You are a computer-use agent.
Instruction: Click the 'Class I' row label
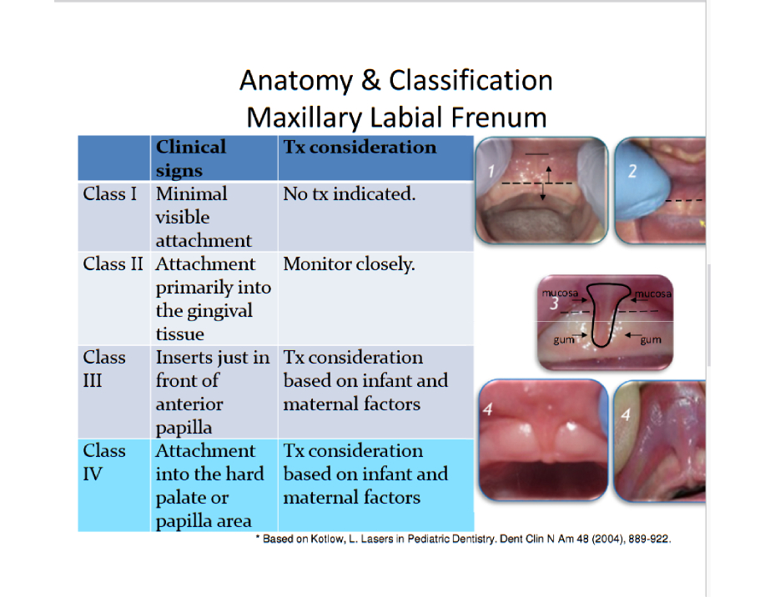(x=110, y=194)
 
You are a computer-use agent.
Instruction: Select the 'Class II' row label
(x=113, y=263)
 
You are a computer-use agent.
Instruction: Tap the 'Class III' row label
(x=104, y=369)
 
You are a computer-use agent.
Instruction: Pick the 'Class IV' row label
(x=104, y=462)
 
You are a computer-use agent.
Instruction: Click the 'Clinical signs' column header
(x=191, y=158)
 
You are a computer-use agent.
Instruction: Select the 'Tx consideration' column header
(x=360, y=147)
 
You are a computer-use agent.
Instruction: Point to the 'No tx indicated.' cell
(x=350, y=194)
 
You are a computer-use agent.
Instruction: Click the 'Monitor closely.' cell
(x=350, y=263)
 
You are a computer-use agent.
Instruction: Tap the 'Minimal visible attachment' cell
(x=204, y=217)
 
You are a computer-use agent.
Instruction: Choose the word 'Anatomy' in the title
(x=296, y=81)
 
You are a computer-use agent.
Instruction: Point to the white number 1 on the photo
(x=491, y=171)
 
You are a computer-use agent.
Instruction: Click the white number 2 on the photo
(x=632, y=171)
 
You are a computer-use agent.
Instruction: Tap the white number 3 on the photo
(x=554, y=304)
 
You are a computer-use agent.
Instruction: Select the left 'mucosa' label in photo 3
(x=560, y=293)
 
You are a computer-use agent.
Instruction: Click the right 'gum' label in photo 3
(x=651, y=340)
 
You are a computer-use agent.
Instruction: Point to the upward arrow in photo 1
(x=548, y=174)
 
